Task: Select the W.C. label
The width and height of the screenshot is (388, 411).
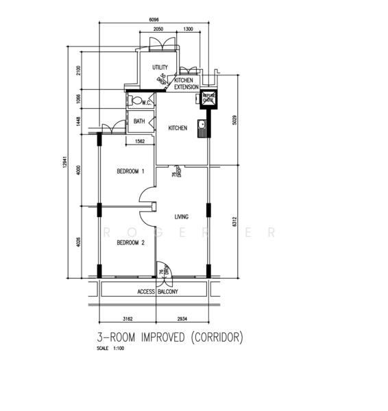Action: click(x=147, y=101)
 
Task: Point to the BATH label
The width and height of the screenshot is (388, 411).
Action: click(x=139, y=122)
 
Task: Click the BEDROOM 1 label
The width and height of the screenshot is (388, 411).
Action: click(x=130, y=171)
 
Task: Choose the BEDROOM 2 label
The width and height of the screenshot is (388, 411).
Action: click(x=130, y=243)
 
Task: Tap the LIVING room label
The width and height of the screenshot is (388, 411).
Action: click(x=182, y=217)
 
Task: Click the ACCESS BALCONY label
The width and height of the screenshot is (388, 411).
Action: click(x=158, y=292)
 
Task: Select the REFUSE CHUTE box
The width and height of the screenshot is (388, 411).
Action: click(x=208, y=99)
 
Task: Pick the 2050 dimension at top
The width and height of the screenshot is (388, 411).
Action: click(x=158, y=30)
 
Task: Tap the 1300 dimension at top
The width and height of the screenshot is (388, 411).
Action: click(x=188, y=30)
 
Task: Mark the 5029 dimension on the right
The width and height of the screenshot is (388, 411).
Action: click(x=235, y=121)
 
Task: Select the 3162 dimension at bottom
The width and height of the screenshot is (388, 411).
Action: click(x=127, y=319)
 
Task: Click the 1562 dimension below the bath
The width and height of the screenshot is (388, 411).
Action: click(x=140, y=142)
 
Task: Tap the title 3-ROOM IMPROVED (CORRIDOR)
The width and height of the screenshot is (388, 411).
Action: click(x=170, y=338)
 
